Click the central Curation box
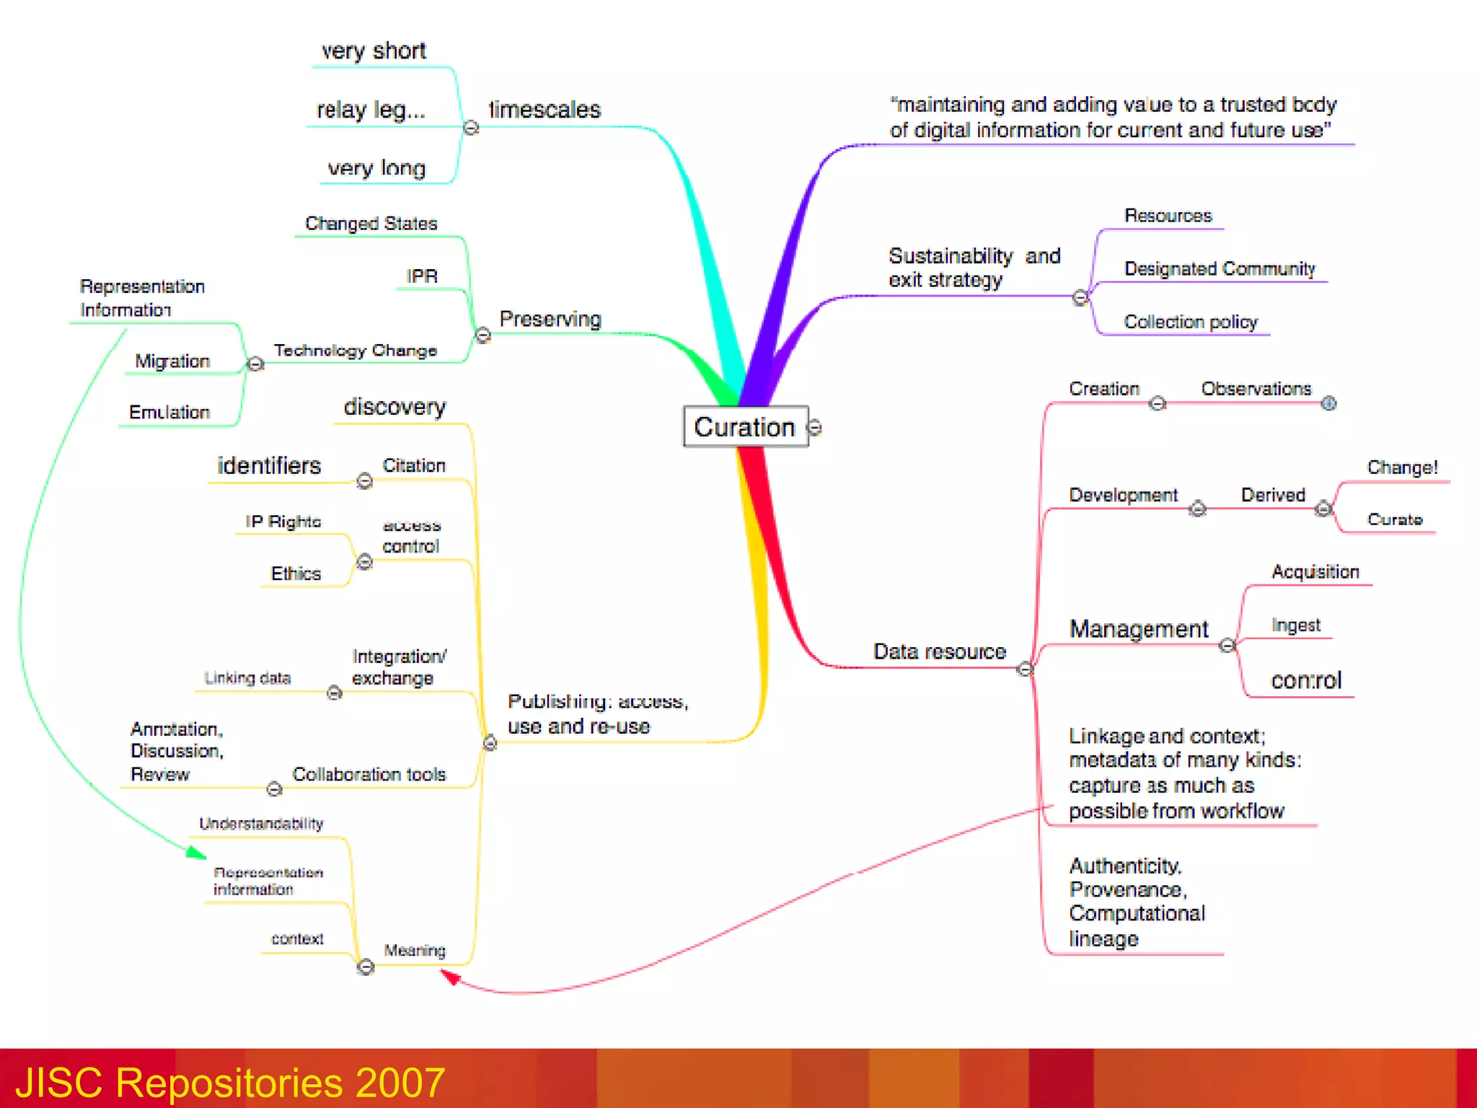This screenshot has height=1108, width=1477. (745, 427)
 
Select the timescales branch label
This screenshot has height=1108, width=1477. (544, 110)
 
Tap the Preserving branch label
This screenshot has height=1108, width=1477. (550, 319)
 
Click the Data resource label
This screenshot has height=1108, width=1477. (940, 651)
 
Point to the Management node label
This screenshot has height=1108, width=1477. (1139, 629)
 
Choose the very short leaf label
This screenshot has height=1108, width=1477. (374, 51)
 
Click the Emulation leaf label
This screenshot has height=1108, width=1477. (169, 412)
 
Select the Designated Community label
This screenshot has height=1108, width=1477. (1220, 269)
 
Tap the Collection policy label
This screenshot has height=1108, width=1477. (1191, 322)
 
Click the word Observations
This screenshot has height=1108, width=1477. (1256, 389)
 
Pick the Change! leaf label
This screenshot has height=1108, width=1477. (1402, 467)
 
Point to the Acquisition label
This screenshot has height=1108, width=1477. (1315, 572)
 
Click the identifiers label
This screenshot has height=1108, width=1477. (269, 466)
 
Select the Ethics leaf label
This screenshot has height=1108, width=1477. (296, 573)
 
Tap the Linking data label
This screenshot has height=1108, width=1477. (247, 678)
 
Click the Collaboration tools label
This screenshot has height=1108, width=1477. (369, 774)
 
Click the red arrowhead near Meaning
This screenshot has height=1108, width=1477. (451, 977)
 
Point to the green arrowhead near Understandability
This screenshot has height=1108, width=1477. (195, 853)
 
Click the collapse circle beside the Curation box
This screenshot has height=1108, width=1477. (815, 428)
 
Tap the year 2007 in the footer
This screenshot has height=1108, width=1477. (400, 1083)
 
